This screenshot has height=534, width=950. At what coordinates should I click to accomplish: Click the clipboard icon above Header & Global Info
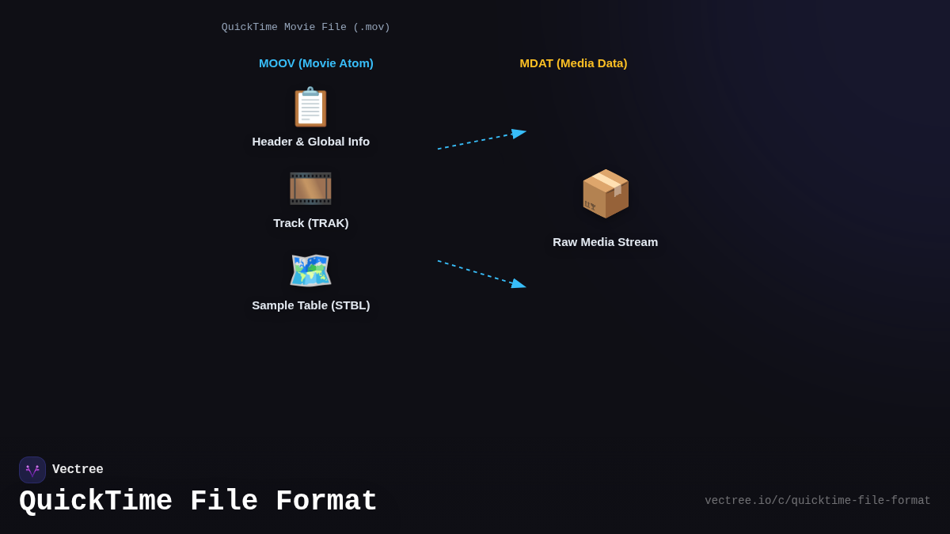[310, 107]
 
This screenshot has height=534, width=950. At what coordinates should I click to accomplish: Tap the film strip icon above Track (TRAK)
[310, 189]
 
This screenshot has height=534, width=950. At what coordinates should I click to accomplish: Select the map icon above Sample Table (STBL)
[310, 271]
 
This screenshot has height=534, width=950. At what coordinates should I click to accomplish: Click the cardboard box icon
[606, 194]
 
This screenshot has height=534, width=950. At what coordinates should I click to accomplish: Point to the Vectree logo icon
[32, 470]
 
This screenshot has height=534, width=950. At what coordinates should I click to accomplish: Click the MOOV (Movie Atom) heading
[316, 63]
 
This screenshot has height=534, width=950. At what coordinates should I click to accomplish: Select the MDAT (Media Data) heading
[573, 63]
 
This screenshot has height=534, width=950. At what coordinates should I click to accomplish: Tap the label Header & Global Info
[311, 142]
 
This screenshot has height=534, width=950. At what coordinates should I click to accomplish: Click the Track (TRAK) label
[311, 223]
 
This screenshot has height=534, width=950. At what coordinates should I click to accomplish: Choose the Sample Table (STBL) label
[311, 305]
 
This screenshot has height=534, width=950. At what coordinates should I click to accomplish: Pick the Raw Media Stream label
[605, 242]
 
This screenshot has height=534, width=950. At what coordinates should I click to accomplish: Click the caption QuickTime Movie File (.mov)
[306, 28]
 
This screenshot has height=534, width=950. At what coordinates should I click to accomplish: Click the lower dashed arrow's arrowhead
[519, 284]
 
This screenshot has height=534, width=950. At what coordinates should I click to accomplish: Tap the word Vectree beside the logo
[78, 470]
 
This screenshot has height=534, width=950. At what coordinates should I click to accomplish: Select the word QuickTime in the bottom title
[96, 502]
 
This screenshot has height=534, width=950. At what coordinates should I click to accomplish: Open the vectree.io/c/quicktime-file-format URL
[817, 501]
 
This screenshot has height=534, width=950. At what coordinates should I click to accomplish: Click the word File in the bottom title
[224, 502]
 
